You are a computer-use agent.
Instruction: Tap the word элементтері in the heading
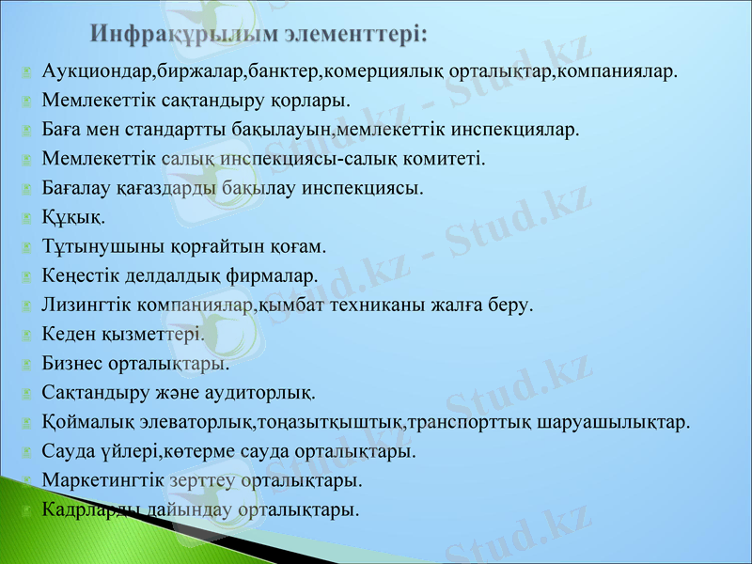[352, 34]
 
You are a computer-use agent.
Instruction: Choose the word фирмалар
[280, 275]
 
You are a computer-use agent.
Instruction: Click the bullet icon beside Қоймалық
[28, 422]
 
